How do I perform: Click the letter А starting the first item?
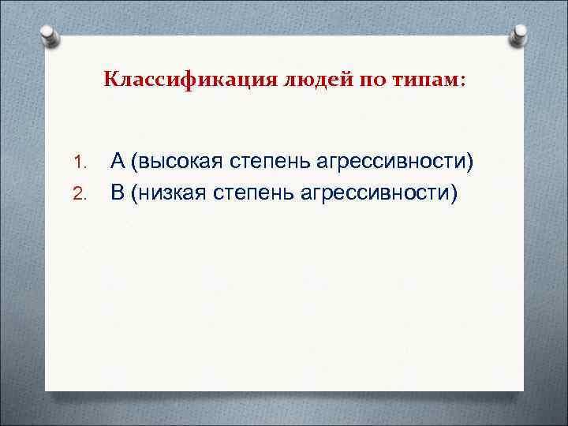tap(118, 162)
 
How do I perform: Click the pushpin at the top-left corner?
tap(49, 35)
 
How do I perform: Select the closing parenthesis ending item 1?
tap(473, 163)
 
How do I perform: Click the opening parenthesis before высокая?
tap(136, 163)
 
